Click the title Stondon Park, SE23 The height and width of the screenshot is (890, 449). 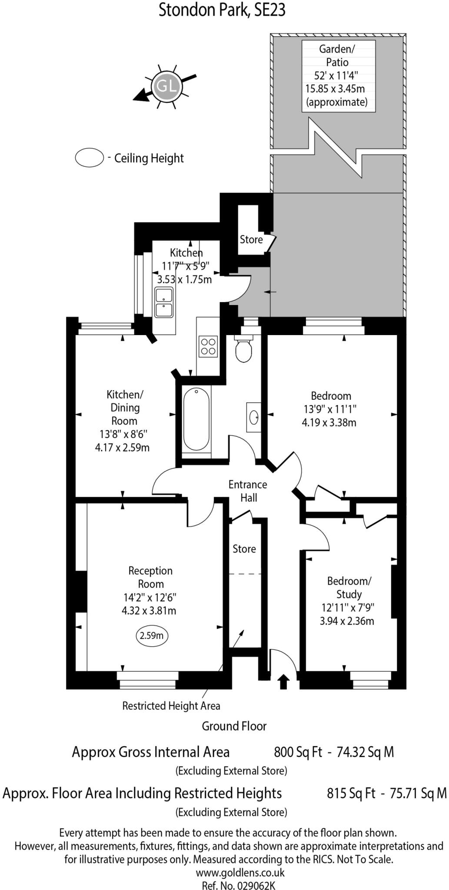[222, 10]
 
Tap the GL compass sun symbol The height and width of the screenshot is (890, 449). [166, 86]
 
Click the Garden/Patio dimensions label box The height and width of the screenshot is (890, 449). [338, 76]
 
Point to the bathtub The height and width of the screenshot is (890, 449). [196, 419]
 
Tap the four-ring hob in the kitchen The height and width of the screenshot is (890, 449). [208, 346]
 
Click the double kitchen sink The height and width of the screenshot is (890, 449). [164, 303]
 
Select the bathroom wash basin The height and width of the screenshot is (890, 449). [253, 417]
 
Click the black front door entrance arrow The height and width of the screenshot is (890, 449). [283, 681]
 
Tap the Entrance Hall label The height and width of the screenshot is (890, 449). [248, 491]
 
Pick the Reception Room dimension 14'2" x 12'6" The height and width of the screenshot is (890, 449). [150, 597]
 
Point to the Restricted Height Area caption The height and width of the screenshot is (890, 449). [171, 706]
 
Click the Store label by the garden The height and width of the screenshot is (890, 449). [251, 239]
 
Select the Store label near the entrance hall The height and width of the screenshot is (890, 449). [244, 549]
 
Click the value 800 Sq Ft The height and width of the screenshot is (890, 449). [298, 752]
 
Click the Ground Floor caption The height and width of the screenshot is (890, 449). [234, 726]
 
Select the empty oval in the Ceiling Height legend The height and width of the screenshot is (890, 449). [89, 157]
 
